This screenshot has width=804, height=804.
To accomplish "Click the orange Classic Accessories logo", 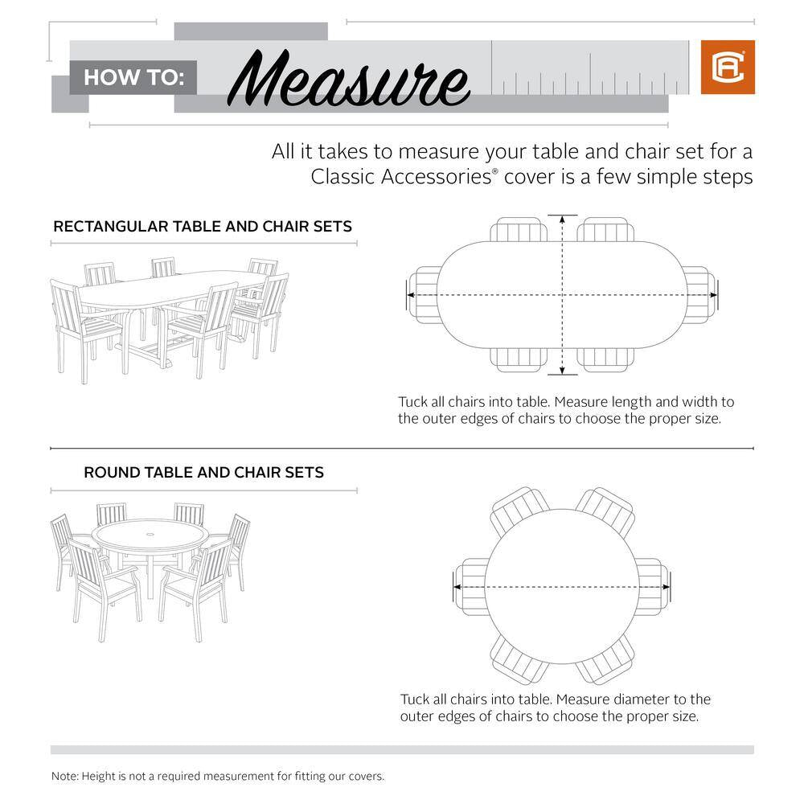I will point(728,68).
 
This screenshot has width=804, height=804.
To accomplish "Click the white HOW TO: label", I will point(134,78).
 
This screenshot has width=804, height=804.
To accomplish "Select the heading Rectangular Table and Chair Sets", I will point(203,226).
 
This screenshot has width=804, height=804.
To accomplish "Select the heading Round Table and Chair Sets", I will point(203,472).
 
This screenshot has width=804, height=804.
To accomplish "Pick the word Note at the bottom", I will point(65,777).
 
